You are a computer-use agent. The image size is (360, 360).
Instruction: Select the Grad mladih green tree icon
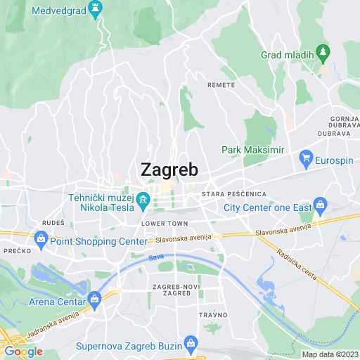tap(323, 51)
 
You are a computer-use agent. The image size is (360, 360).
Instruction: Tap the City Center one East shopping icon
tap(320, 207)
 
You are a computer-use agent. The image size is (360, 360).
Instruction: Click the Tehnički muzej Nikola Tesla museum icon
tap(142, 201)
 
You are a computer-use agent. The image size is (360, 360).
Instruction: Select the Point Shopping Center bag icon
tap(41, 240)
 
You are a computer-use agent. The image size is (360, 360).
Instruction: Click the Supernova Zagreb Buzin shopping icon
tap(190, 345)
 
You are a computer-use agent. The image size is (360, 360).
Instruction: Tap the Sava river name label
tap(156, 257)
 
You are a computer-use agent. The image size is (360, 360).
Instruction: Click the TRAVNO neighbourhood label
tap(212, 314)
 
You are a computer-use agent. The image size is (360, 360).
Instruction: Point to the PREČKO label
tap(14, 250)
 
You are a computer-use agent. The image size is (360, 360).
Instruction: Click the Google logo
tap(23, 351)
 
